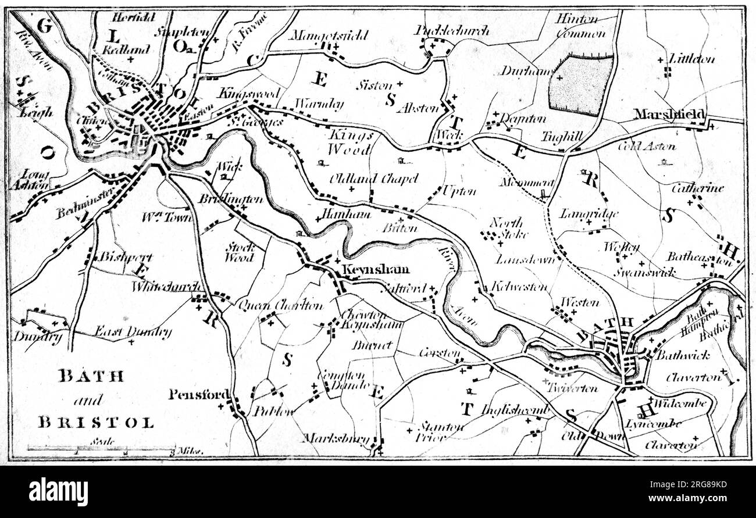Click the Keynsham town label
pyautogui.click(x=375, y=270)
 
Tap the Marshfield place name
pyautogui.click(x=669, y=113)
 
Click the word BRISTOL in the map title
pyautogui.click(x=96, y=423)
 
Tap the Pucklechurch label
pyautogui.click(x=452, y=30)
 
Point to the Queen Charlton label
pyautogui.click(x=280, y=305)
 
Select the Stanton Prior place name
pyautogui.click(x=440, y=431)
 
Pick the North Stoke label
pyautogui.click(x=508, y=228)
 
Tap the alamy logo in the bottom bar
pyautogui.click(x=58, y=492)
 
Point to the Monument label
pyautogui.click(x=526, y=182)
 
